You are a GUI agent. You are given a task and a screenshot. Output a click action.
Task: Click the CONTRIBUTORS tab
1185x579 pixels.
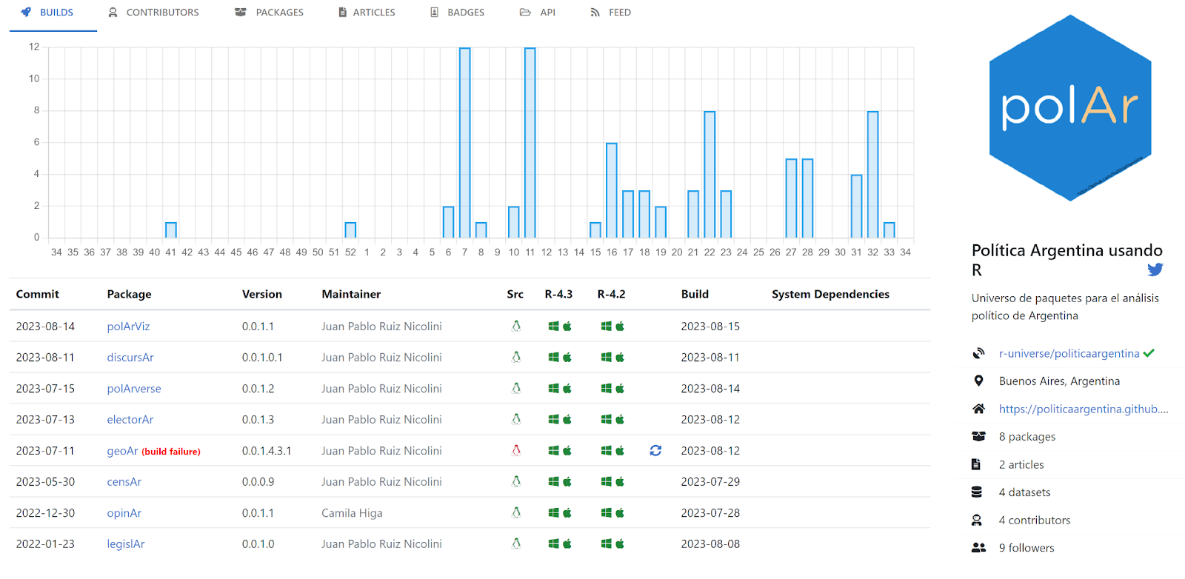[x=154, y=13]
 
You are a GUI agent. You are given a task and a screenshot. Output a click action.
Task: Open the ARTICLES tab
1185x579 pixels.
[x=367, y=13]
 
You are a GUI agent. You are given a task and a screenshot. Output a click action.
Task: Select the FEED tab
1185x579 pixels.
[x=611, y=13]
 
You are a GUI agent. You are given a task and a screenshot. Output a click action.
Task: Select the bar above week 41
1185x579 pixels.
[x=171, y=230]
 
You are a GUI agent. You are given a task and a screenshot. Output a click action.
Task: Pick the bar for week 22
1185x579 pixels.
[x=710, y=174]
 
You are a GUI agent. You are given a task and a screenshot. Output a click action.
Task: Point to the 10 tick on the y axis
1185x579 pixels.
[x=34, y=78]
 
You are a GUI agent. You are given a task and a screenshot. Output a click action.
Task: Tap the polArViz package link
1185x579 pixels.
[x=128, y=327]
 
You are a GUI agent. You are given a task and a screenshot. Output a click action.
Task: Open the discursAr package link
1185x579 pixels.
[x=130, y=358]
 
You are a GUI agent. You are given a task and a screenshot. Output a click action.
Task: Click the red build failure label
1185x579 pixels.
[x=171, y=452]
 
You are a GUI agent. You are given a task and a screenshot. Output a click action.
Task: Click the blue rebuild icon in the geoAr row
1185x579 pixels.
[x=655, y=450]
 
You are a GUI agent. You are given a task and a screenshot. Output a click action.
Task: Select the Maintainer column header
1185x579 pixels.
[x=351, y=294]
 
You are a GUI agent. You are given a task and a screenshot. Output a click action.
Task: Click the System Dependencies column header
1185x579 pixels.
[x=830, y=294]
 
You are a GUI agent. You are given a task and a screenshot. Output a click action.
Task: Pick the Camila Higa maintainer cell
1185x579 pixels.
[x=352, y=513]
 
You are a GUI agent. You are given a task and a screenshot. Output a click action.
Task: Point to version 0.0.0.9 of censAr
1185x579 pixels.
[x=258, y=482]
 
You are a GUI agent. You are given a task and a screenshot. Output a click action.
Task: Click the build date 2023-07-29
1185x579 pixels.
[x=710, y=482]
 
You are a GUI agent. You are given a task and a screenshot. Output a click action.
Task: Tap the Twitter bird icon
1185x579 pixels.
[x=1155, y=270]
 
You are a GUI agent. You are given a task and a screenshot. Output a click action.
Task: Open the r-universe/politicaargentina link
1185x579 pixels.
[x=1069, y=354]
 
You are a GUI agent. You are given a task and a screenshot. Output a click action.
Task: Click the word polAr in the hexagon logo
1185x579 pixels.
[x=1069, y=108]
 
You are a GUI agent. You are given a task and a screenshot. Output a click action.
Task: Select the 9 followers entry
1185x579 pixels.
[x=1026, y=548]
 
